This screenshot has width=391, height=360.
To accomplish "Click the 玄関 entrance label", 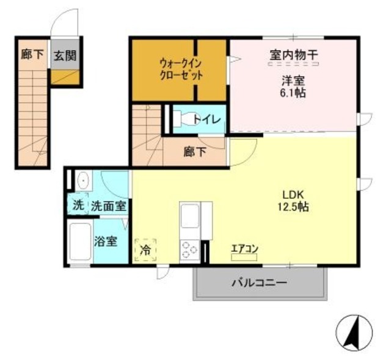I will (64, 56).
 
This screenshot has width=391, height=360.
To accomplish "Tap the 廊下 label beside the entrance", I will (32, 55).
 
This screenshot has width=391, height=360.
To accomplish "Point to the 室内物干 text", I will (293, 55).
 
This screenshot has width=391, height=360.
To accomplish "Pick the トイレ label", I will (208, 120).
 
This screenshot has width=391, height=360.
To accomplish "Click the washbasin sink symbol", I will (82, 181).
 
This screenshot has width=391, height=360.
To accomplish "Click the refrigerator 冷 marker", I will (145, 250).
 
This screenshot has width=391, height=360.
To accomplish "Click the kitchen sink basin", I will (188, 215).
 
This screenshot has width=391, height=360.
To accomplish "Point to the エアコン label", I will (245, 248).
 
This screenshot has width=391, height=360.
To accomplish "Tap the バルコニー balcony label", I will (258, 284).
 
